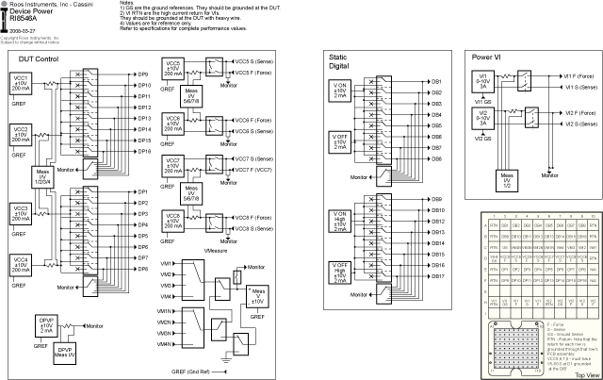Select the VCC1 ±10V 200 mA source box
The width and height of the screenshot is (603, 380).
pos(21,89)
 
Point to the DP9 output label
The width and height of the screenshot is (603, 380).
pos(143,74)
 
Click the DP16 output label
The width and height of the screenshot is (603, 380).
pos(144,151)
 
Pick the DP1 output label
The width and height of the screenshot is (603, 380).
pos(143,191)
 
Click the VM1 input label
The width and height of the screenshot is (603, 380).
pos(166,262)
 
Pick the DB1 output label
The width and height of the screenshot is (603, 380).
pos(437,82)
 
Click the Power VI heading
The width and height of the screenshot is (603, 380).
pos(487,58)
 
